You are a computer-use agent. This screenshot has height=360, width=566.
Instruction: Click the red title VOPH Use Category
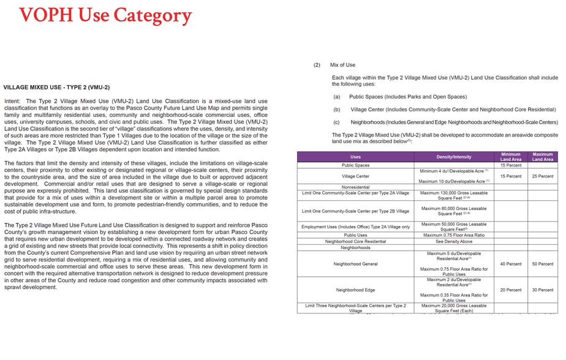[105, 15]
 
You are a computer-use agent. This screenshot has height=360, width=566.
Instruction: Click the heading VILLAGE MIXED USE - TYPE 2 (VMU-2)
[56, 88]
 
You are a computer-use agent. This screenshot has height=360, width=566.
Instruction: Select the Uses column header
[355, 157]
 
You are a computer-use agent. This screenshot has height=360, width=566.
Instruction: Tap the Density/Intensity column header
[454, 157]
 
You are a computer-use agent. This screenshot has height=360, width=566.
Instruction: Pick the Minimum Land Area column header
[510, 157]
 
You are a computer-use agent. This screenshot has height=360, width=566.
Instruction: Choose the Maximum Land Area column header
[542, 157]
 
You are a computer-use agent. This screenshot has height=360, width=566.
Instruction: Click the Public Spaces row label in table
[355, 165]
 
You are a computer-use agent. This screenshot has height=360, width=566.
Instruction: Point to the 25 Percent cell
[542, 176]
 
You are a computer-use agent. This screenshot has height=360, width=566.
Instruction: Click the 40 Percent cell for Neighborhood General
[510, 264]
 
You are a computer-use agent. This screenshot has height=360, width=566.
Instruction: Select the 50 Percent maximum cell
[542, 264]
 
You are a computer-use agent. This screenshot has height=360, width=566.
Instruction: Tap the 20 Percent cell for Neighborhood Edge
[510, 290]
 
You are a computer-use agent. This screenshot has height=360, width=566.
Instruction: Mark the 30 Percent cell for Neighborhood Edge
[542, 290]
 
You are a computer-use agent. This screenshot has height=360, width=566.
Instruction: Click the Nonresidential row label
[355, 187]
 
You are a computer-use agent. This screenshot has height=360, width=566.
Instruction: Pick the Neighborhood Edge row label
[355, 290]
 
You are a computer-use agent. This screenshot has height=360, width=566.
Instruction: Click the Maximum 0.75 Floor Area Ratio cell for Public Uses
[454, 235]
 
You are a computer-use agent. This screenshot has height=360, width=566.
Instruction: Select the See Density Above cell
[454, 241]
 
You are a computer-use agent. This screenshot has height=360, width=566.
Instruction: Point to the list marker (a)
[336, 97]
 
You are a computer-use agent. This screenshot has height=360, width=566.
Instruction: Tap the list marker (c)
[336, 122]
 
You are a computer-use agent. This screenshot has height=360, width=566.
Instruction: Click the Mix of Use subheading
[342, 65]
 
